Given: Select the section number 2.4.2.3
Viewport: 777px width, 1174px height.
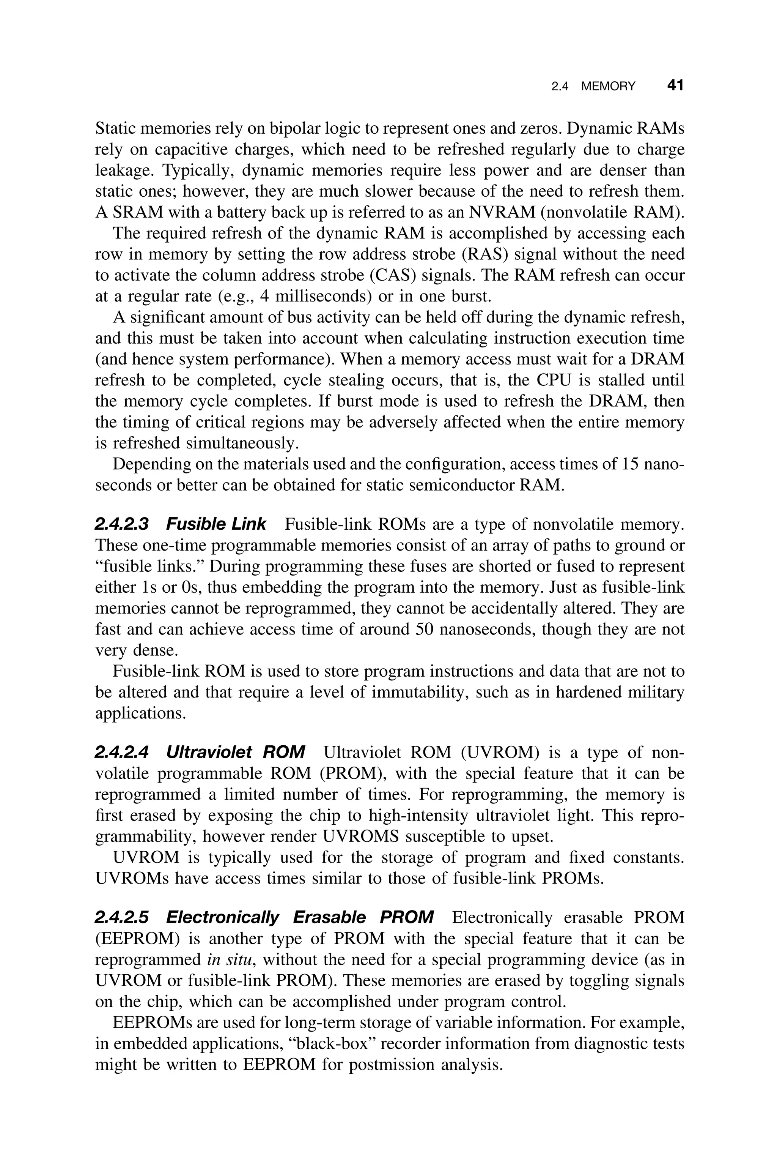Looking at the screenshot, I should pyautogui.click(x=122, y=524).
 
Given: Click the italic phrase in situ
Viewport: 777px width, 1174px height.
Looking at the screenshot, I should pyautogui.click(x=230, y=959).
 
